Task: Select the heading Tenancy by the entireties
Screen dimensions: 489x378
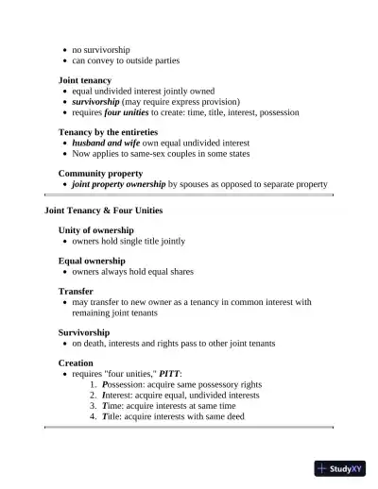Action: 108,132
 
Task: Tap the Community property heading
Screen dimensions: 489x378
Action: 100,174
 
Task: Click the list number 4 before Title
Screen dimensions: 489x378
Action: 93,415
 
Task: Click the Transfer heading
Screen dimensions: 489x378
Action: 76,292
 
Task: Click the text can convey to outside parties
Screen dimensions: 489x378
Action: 126,59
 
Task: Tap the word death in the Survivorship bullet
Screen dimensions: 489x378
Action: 96,344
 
